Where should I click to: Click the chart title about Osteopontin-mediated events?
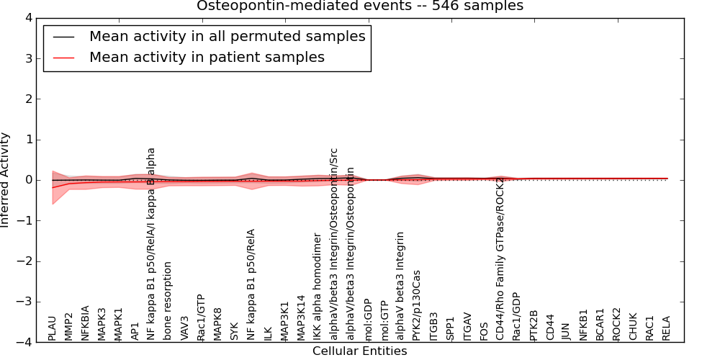[x=360, y=6]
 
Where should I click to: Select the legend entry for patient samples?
[x=207, y=58]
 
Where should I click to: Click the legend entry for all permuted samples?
[x=227, y=37]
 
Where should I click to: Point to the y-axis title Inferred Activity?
[x=6, y=180]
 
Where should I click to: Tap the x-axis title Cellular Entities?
[x=359, y=351]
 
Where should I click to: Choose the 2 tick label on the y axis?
[x=28, y=99]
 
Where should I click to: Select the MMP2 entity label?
[x=68, y=326]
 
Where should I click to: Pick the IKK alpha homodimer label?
[x=318, y=287]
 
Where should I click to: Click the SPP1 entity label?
[x=451, y=328]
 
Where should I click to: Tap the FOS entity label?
[x=484, y=329]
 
